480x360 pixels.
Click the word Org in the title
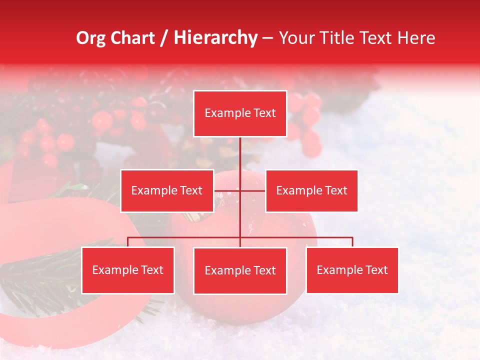pos(91,38)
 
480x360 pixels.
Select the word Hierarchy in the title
pos(215,38)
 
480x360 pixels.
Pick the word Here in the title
pos(416,38)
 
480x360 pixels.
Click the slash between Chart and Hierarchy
pos(163,38)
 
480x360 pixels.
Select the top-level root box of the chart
pos(240,113)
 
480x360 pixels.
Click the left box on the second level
pos(167,190)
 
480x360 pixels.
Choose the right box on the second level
pos(311,190)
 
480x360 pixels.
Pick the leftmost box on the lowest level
pos(128,270)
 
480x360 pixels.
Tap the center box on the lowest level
pos(240,270)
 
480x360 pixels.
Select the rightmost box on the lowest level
pos(352,270)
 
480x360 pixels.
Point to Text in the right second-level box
pos(336,190)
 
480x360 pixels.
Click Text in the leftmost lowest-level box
pos(152,270)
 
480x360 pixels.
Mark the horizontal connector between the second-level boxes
pos(252,190)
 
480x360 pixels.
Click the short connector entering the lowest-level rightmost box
pos(352,242)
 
